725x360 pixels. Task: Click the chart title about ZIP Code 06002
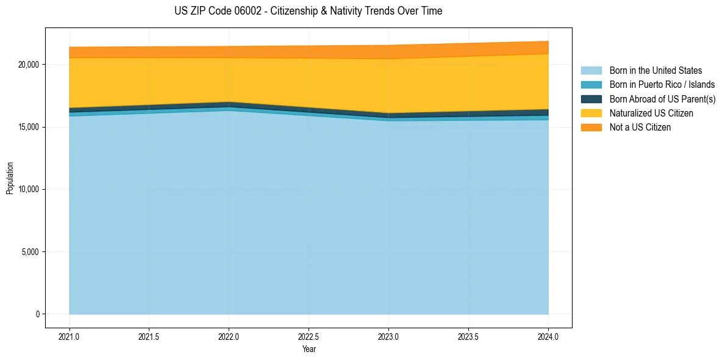pos(308,11)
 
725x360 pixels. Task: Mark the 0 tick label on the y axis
pos(37,314)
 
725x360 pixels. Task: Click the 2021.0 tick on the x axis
pos(70,336)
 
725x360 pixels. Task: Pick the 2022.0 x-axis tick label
pos(229,336)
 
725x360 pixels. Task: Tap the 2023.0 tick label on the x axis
pos(388,336)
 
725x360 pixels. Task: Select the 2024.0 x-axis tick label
pos(548,336)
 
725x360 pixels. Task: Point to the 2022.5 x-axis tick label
pos(309,336)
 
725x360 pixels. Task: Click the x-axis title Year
pos(309,349)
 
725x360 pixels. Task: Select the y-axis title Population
pos(10,178)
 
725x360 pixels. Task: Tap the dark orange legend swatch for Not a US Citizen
pos(591,128)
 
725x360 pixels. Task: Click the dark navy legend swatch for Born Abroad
pos(591,99)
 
